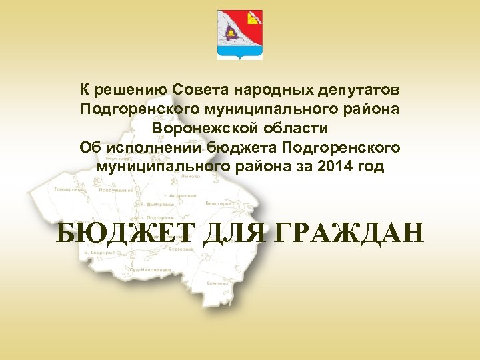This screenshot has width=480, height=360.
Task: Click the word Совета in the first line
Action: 195,88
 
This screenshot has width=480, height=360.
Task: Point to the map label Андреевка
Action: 182,196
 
